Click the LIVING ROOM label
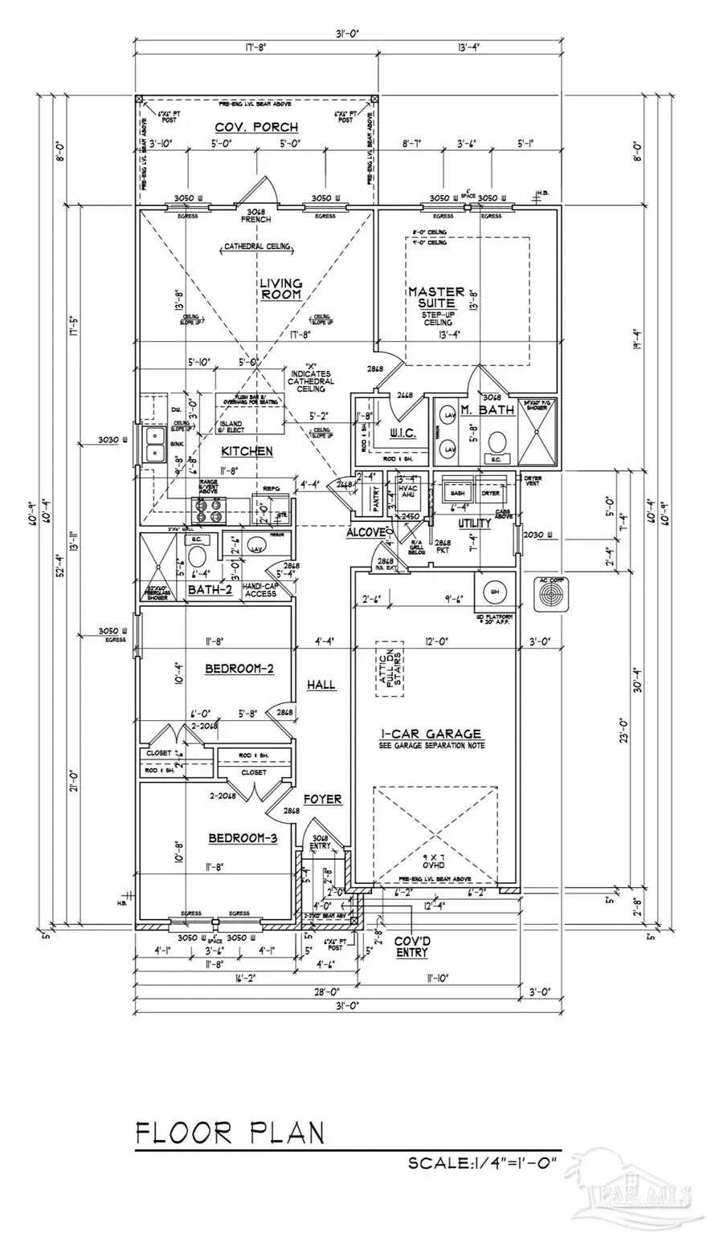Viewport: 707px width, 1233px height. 280,289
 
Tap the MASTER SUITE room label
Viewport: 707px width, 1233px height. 436,298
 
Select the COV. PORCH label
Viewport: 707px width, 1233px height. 256,128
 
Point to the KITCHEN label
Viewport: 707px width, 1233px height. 247,452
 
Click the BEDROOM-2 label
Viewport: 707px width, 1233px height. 239,669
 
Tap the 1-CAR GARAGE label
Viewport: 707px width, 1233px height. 431,734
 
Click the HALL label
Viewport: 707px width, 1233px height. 321,685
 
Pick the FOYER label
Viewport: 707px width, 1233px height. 322,800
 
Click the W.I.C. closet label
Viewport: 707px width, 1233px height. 402,433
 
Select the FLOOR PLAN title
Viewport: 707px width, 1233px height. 230,1133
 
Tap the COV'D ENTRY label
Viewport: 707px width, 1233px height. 411,947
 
